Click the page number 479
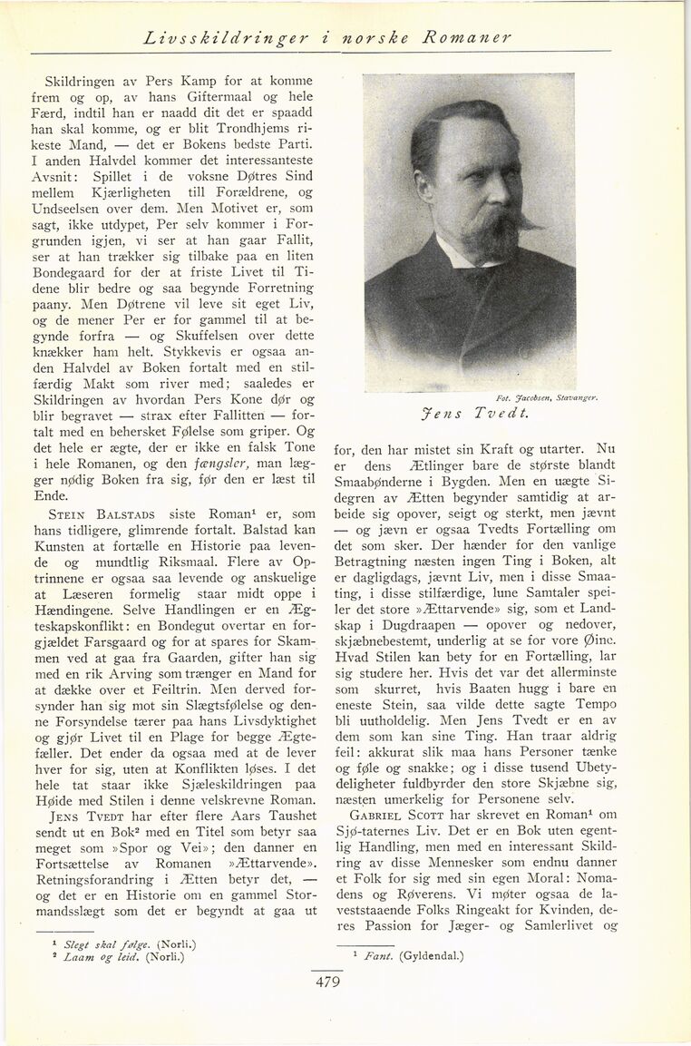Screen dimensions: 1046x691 [327, 981]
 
